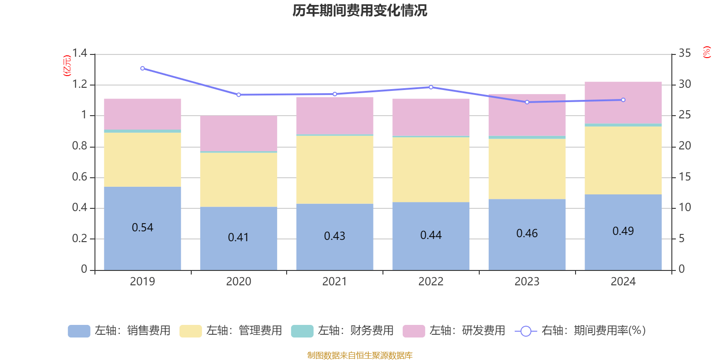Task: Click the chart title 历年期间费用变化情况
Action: (x=360, y=10)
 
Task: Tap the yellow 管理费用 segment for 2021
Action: (x=335, y=170)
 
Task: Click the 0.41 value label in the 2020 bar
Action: (x=238, y=237)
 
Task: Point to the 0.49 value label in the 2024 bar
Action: (x=623, y=231)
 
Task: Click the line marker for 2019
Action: (x=143, y=68)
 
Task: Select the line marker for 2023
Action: (x=527, y=102)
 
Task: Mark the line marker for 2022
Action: (x=431, y=87)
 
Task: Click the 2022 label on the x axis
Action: (x=431, y=281)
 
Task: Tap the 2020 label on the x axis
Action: (x=238, y=281)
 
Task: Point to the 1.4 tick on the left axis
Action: (x=80, y=54)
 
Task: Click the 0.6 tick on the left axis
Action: (x=80, y=177)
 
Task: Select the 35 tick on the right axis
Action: (x=685, y=54)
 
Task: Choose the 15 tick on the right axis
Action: (x=685, y=177)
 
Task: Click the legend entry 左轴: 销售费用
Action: (x=119, y=331)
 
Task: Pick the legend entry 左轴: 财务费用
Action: (x=342, y=331)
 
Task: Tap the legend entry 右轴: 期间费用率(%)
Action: (x=580, y=331)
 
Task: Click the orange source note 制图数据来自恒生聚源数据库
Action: (x=360, y=355)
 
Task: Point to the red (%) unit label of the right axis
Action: (x=707, y=52)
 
